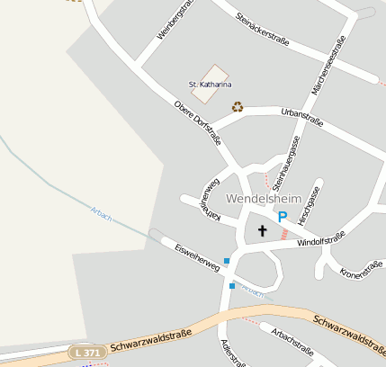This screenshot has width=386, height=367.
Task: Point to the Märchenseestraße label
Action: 328,62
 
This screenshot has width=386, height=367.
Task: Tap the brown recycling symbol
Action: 238,107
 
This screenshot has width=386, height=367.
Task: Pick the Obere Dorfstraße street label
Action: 198,121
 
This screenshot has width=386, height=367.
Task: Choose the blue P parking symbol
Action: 282,217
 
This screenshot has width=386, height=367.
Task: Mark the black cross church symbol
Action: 263,231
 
